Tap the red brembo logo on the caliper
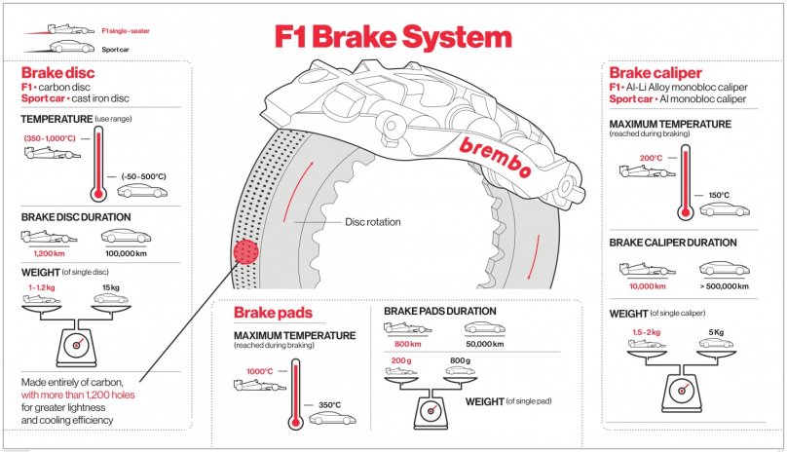[494, 154]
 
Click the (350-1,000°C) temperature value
[50, 138]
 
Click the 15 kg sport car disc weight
[110, 288]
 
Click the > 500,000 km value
[724, 287]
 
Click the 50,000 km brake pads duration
[483, 345]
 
